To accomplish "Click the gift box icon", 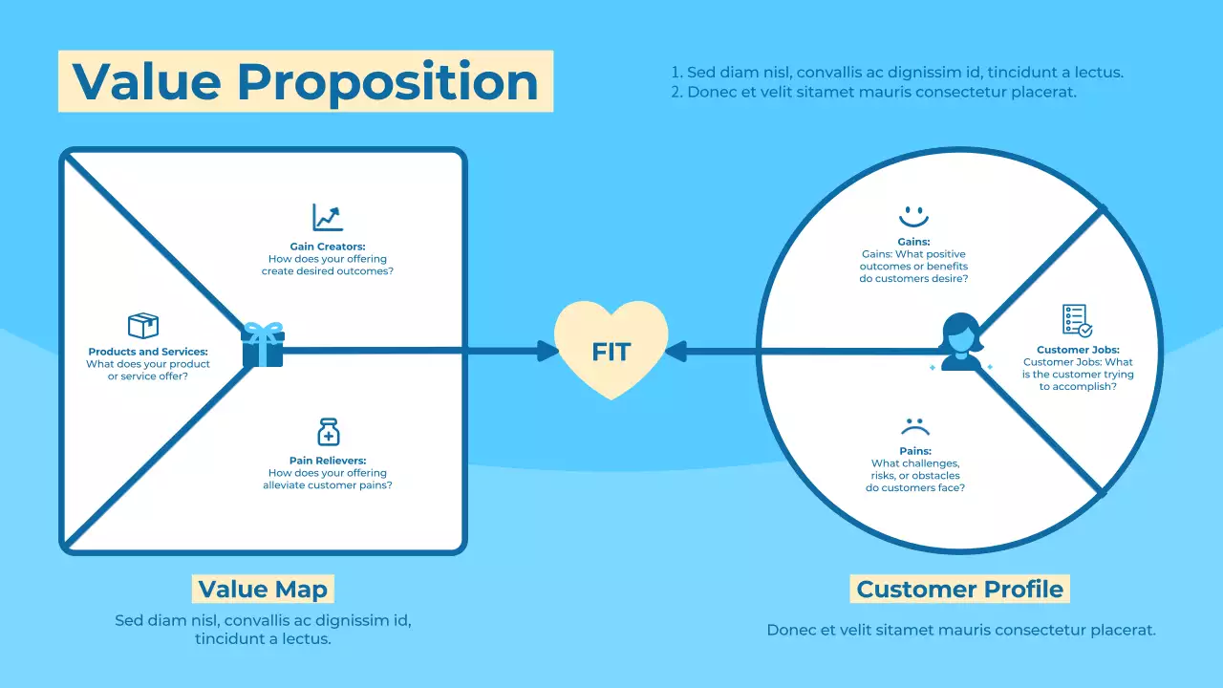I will coord(263,345).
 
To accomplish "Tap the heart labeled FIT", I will coord(611,350).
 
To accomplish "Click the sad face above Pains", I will coord(914,425).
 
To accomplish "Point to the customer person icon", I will coord(960,342).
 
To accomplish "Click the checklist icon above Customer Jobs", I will coord(1077,321).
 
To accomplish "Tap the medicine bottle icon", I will coord(328,432).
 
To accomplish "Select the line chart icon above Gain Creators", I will coord(328,217).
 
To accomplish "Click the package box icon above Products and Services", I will coord(143,326).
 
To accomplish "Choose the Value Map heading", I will coord(263,589).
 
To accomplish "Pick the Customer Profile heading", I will coord(959,589).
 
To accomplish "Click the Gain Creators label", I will coord(328,247).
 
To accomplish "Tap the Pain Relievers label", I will coord(328,461).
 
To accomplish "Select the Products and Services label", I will coord(148,352).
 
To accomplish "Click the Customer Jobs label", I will coord(1078,350).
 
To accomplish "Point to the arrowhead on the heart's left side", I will coord(548,351).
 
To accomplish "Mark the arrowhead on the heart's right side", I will coord(675,351).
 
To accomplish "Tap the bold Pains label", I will coord(914,451).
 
